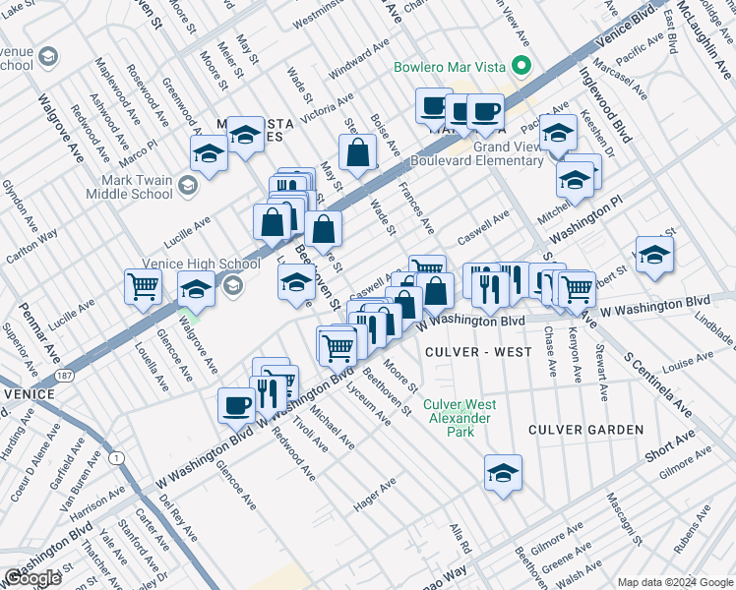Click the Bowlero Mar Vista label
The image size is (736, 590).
coord(450,68)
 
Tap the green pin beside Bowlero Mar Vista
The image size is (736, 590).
coord(523,68)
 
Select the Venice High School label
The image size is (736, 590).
coord(201,264)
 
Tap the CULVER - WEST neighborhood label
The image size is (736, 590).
coord(466,351)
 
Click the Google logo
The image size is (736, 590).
coord(32,578)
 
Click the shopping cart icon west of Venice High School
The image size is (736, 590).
coord(144,287)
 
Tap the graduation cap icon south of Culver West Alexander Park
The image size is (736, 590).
coord(503,472)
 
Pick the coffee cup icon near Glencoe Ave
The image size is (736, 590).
coord(237,404)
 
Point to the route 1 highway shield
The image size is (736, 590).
coord(117,459)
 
